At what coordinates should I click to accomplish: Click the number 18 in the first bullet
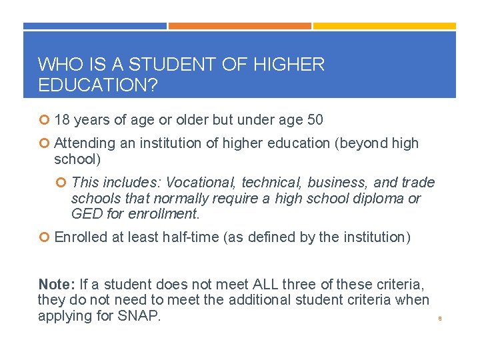pos(63,120)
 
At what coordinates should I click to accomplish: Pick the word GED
pos(85,214)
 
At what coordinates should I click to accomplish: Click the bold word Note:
pos(57,284)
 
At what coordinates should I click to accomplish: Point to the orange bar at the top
pos(239,26)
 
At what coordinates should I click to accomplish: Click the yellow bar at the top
pos(385,26)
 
